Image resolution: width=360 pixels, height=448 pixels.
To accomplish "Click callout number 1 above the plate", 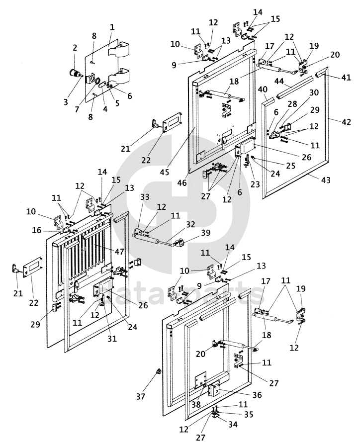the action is (112, 27).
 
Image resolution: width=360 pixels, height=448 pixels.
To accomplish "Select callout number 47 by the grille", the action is (120, 251).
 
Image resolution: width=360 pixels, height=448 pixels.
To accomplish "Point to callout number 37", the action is (141, 396).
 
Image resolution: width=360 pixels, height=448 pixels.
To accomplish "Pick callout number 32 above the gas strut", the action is (190, 224).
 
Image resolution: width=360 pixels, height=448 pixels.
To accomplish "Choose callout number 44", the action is (279, 82).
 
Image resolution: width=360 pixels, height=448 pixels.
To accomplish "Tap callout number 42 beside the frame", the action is (346, 122).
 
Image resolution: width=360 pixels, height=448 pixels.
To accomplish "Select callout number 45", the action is (165, 172).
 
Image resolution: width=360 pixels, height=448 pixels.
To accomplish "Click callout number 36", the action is (257, 395).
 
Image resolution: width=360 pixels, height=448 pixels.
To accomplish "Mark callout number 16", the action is (37, 230).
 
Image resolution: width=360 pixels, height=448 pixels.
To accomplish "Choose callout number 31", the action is (112, 338).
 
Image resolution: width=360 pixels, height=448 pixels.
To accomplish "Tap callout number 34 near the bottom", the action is (233, 424).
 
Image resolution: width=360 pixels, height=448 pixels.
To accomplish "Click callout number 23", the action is (255, 184).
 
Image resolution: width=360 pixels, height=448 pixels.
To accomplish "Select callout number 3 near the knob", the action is (66, 102).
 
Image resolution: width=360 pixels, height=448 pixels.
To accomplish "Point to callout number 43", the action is (326, 180).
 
